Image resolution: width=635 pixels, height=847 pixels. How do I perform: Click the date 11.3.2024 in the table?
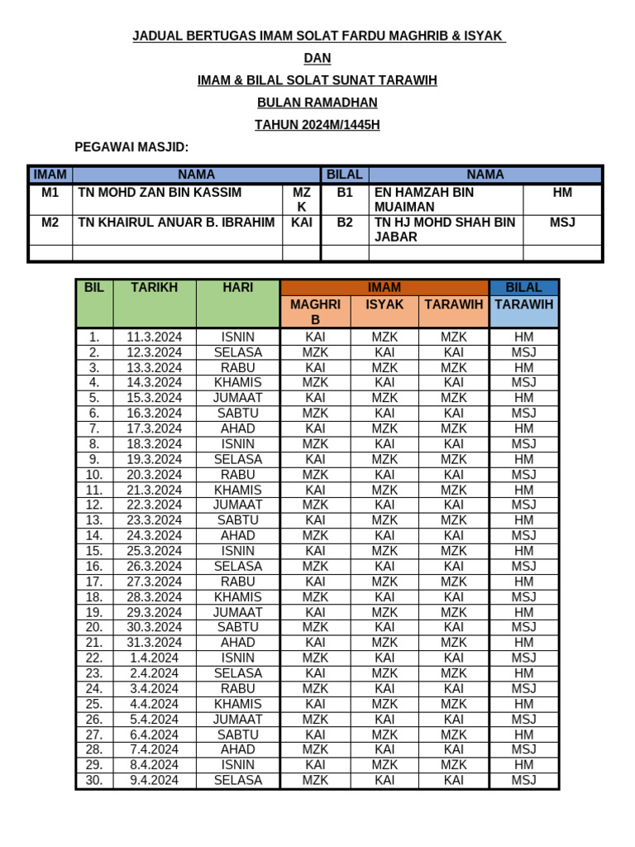[154, 337]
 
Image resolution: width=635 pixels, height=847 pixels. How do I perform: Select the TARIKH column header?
[154, 288]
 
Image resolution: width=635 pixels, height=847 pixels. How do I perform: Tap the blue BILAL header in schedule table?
[523, 288]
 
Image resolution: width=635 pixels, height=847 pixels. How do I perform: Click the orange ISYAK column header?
[384, 304]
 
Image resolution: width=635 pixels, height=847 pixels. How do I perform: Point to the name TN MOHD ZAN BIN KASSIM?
[160, 193]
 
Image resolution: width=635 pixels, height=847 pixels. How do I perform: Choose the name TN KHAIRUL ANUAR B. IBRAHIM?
[176, 223]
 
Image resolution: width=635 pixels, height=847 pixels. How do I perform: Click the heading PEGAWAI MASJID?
[131, 147]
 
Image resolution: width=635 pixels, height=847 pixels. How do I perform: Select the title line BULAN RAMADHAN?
[317, 103]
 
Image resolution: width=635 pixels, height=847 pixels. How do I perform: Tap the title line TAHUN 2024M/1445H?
[317, 125]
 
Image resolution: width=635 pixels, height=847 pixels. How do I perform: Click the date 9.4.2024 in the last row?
[154, 780]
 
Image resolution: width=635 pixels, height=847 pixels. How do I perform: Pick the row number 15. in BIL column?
[94, 551]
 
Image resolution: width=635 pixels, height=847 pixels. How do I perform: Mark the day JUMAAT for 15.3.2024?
[237, 398]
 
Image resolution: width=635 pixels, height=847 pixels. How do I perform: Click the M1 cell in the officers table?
[50, 193]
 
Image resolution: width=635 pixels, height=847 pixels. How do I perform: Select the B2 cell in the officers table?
[345, 223]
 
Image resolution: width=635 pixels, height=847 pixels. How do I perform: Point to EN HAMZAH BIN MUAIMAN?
[424, 199]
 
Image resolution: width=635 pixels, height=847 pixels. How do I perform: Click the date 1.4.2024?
[154, 658]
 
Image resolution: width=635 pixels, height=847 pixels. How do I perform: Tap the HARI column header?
[237, 288]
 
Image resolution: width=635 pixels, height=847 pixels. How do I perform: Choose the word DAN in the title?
[317, 58]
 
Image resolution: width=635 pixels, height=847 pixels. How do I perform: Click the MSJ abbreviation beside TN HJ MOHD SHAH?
[562, 223]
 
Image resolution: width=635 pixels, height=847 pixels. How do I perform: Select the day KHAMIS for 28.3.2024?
[237, 596]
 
